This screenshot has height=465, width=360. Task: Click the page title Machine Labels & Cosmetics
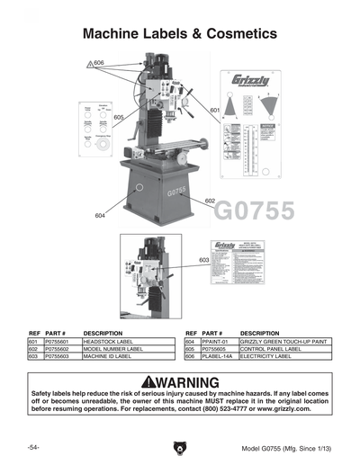180,33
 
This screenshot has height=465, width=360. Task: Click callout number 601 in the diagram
214,110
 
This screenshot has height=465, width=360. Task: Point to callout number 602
209,200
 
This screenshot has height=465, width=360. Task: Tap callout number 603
204,260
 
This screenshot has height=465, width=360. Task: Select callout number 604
100,216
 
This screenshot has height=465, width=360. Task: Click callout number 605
119,117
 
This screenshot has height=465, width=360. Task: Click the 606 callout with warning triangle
96,63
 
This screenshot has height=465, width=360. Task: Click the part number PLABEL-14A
218,356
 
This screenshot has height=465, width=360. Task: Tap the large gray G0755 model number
255,213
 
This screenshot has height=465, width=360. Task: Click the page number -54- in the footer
31,447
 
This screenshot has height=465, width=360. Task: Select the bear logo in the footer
179,448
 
